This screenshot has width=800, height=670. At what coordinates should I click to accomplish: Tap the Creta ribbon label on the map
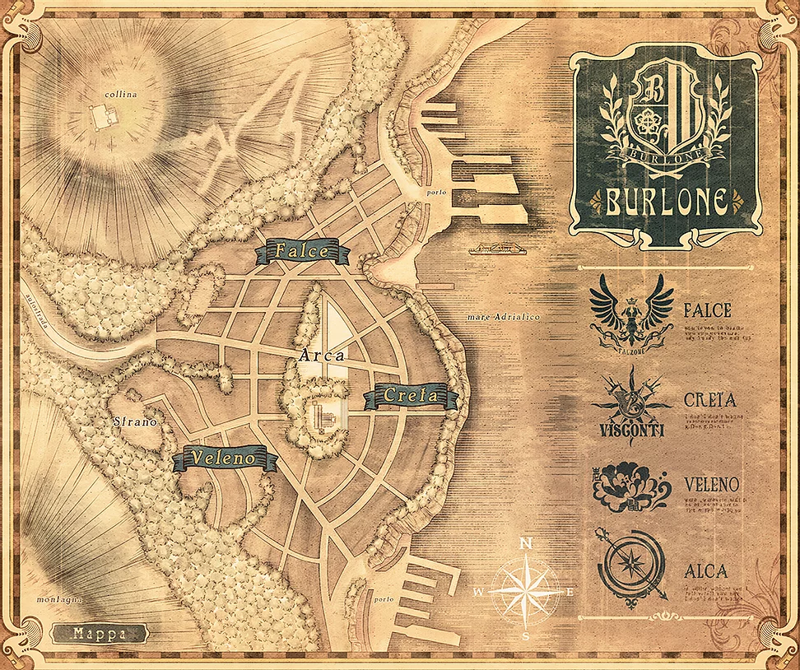(410, 397)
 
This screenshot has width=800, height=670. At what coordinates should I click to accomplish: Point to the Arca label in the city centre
(323, 356)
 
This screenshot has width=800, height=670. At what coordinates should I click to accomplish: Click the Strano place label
(135, 421)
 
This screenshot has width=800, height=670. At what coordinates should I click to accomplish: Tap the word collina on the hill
(121, 94)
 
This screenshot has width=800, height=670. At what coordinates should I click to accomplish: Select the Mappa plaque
(99, 634)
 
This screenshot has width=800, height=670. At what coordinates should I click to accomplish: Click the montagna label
(60, 599)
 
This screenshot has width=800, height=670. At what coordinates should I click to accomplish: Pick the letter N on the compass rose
(527, 542)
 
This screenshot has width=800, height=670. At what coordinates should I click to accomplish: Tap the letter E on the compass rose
(570, 591)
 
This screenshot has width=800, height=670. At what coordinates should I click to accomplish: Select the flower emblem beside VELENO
(631, 487)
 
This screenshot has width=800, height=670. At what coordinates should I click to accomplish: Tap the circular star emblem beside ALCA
(631, 570)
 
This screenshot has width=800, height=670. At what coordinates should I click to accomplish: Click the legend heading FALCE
(707, 311)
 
